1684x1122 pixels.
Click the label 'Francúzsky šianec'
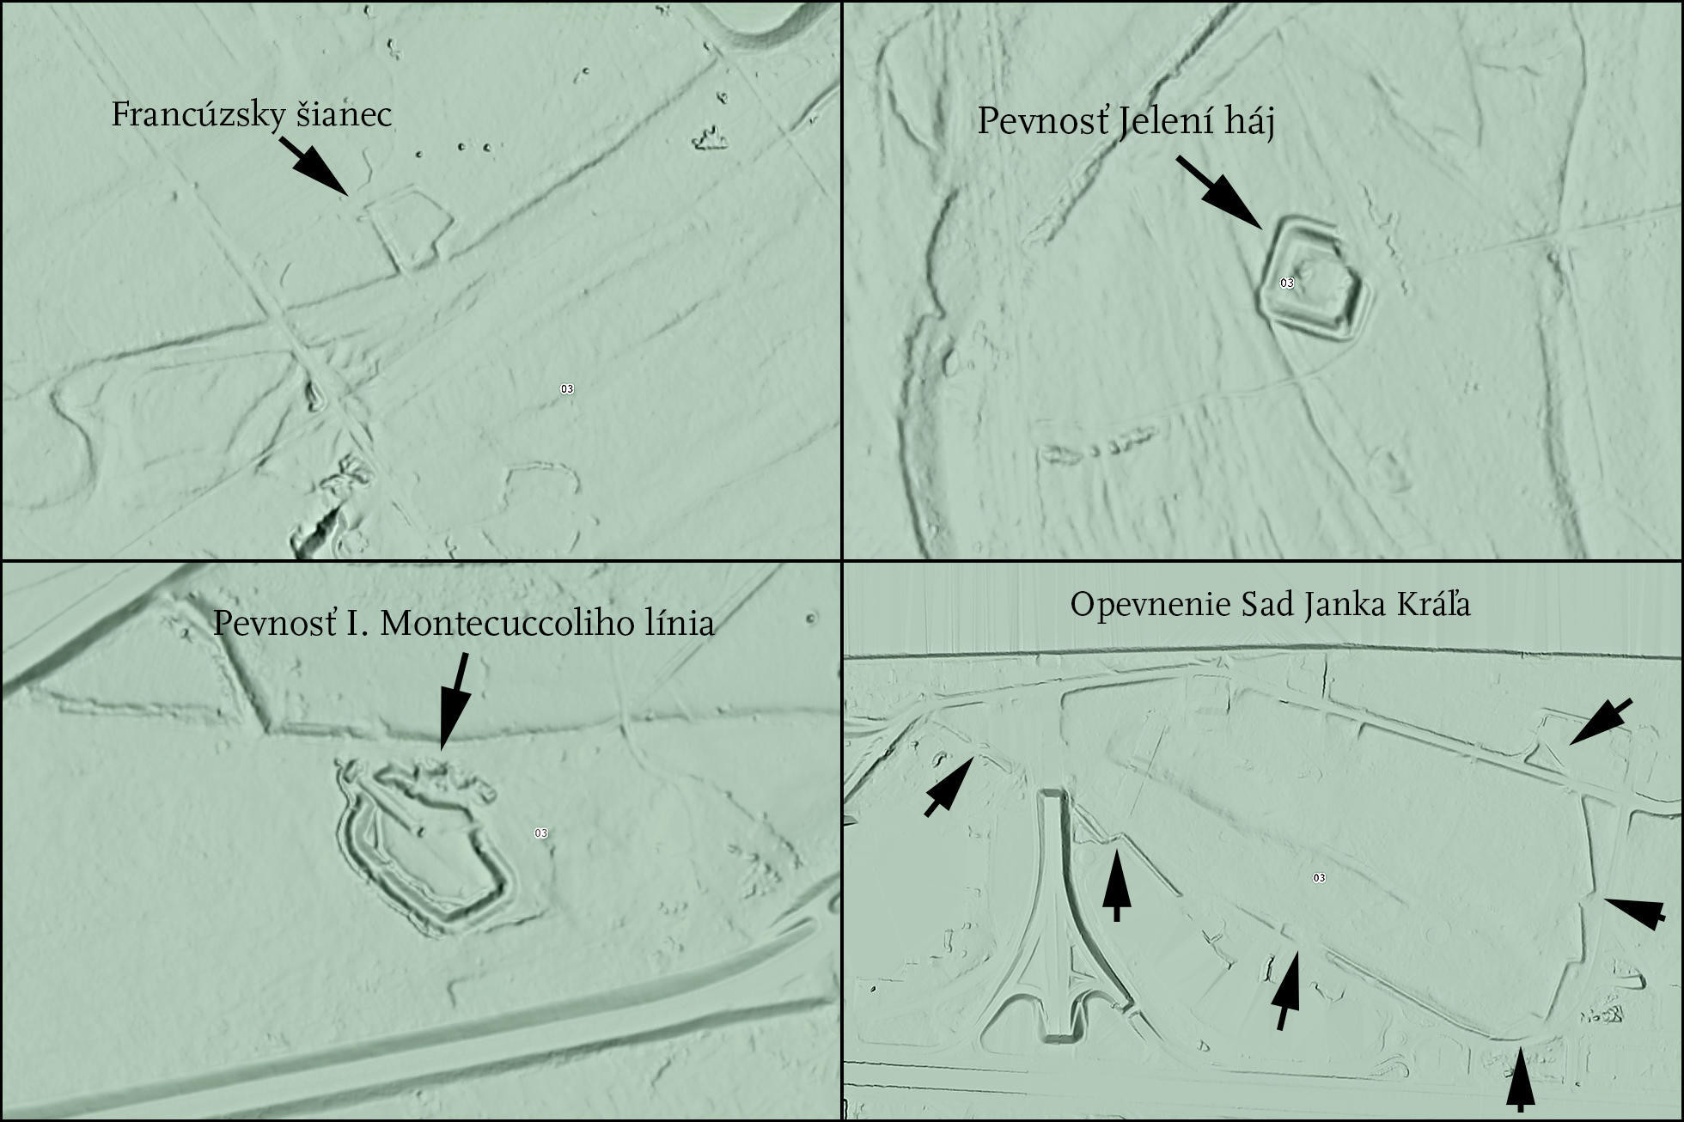click(252, 115)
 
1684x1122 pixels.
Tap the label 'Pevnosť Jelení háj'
click(1126, 122)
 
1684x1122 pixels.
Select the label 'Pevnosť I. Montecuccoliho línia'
click(464, 623)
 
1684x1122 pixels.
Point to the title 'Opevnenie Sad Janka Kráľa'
click(1270, 605)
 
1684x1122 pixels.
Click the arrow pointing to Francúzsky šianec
click(314, 166)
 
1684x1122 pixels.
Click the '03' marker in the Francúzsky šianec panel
click(567, 389)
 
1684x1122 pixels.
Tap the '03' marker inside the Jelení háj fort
click(1287, 283)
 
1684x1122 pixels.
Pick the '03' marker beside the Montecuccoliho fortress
click(540, 833)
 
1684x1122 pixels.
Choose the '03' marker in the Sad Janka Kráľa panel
click(1319, 878)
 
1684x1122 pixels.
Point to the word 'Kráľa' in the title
click(1431, 605)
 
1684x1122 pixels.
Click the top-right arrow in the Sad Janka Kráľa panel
click(1601, 722)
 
